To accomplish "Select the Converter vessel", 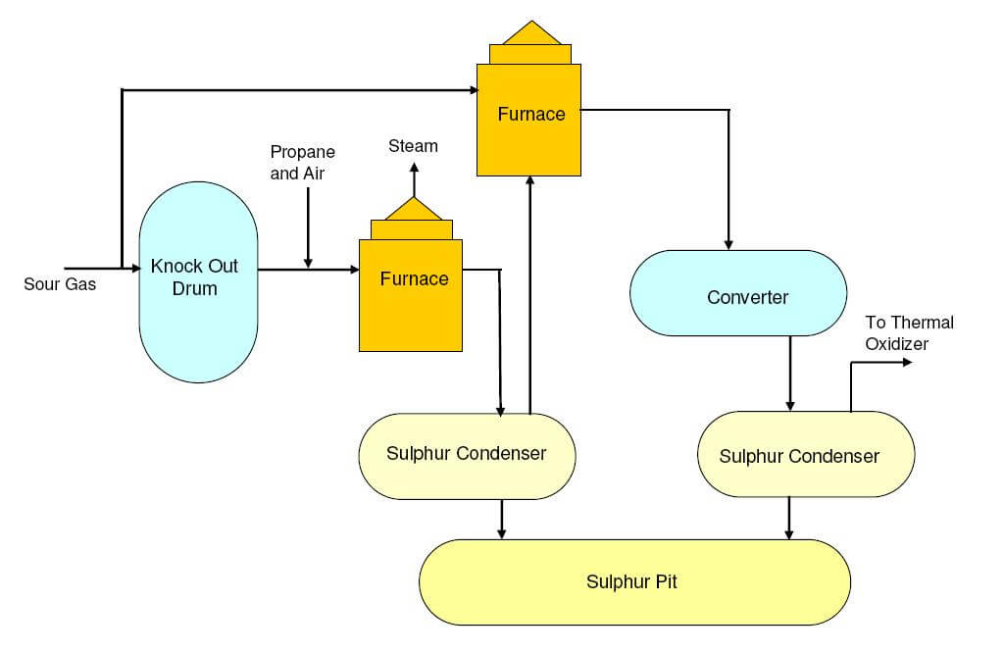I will [737, 294].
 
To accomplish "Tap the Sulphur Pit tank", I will [634, 582].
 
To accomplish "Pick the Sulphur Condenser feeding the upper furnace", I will [467, 453].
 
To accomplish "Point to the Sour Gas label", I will [60, 285].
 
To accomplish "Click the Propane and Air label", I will [302, 162].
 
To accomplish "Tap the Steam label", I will [413, 146].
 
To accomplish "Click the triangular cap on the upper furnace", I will [529, 33].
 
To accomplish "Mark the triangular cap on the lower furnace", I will [412, 208].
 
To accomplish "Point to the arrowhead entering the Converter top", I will [728, 242].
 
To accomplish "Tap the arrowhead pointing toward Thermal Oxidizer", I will [905, 363].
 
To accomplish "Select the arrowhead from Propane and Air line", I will [308, 262].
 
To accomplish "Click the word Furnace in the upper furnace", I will [530, 114].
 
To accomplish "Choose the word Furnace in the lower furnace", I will [414, 278].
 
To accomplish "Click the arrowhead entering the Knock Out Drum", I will [134, 267].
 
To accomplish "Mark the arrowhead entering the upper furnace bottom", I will [529, 181].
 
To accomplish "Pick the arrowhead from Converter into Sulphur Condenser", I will [790, 405].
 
